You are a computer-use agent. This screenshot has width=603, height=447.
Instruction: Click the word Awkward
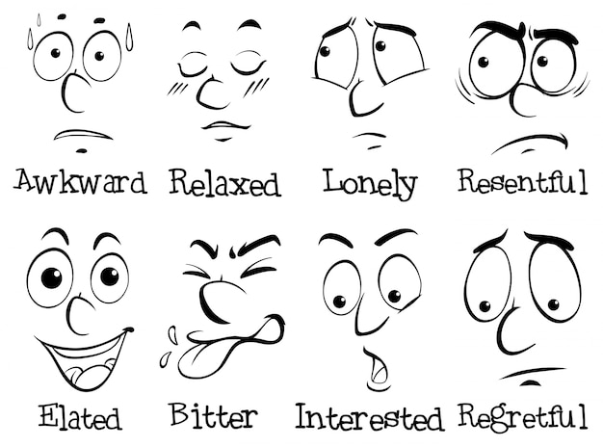81,181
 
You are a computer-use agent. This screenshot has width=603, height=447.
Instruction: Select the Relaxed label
225,183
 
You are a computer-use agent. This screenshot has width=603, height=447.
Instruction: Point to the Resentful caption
523,181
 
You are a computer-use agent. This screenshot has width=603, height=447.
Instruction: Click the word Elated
80,416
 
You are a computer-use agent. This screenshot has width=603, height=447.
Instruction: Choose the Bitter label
214,415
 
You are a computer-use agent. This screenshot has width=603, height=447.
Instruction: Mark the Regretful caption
523,416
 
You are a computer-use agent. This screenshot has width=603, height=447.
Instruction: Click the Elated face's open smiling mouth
85,357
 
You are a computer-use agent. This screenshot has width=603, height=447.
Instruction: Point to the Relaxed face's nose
210,94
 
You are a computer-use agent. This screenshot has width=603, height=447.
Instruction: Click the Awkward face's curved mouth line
83,134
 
